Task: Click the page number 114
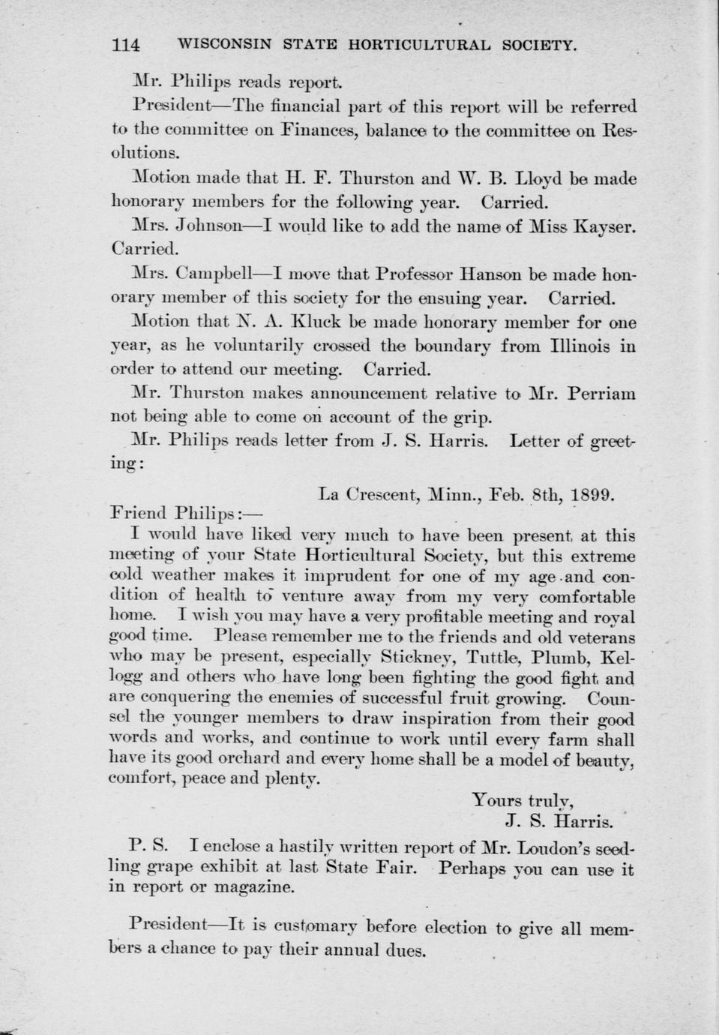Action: point(125,45)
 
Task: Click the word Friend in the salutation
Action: point(139,514)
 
